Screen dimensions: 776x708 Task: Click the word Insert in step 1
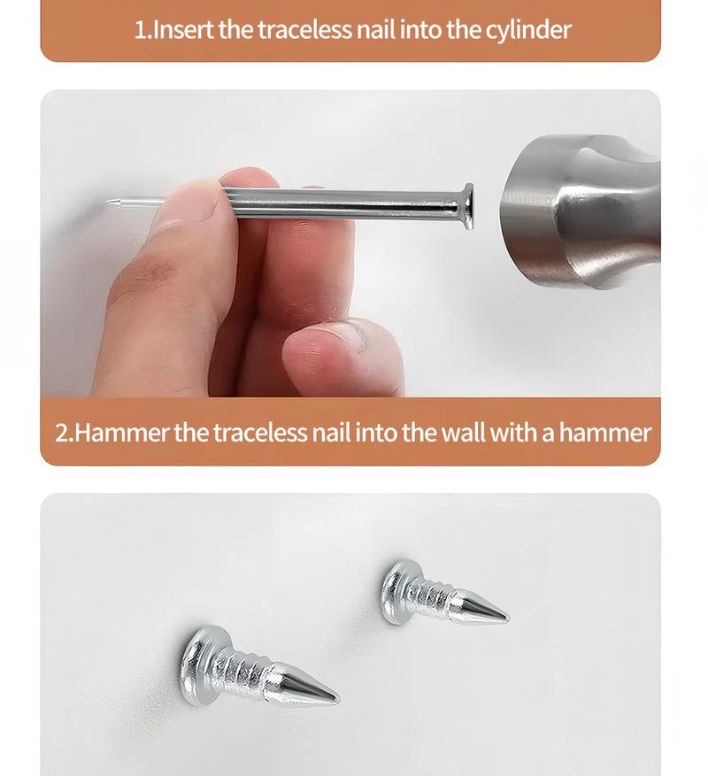tap(183, 29)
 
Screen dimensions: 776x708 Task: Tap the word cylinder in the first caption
tap(527, 30)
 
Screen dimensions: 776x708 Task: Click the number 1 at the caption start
tap(140, 29)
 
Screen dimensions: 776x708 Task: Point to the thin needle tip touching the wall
tap(112, 204)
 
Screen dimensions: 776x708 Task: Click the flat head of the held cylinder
tap(466, 206)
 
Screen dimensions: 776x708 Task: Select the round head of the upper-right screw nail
tap(396, 591)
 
